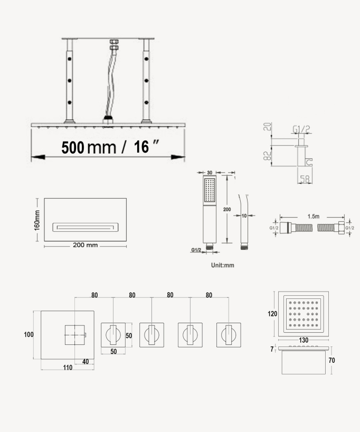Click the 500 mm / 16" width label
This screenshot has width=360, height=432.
pos(110,147)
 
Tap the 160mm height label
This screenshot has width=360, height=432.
pos(37,220)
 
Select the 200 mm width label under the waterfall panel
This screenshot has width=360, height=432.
pos(86,245)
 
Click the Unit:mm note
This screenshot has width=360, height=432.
pos(223,265)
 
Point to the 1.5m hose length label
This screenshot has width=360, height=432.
pos(314,217)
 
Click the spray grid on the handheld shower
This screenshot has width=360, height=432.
pos(210,190)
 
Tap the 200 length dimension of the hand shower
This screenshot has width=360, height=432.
pos(227,209)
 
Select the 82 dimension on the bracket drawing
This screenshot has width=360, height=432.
pos(268,156)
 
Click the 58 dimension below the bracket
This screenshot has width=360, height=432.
pos(305,180)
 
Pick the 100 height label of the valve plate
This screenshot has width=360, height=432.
pos(29,334)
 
